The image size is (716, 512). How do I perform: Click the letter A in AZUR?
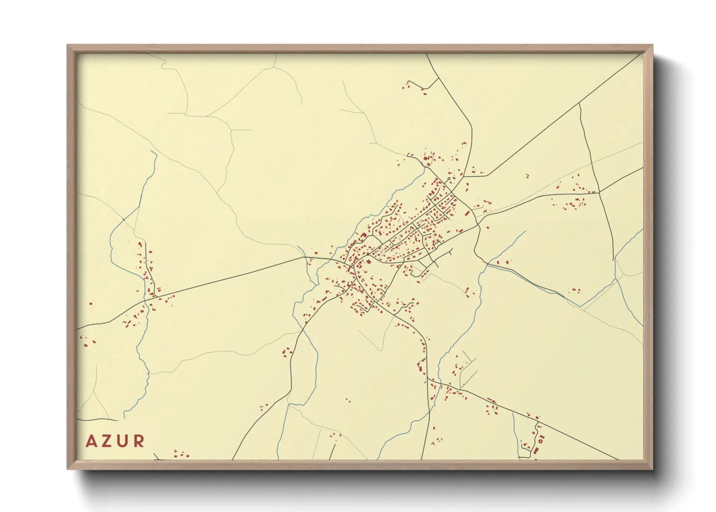(x=90, y=441)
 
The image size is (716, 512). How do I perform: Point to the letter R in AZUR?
(x=139, y=441)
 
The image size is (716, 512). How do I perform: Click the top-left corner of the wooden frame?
(x=68, y=45)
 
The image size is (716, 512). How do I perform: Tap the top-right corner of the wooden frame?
(x=652, y=45)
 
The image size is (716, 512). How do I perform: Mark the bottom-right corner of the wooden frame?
(x=652, y=468)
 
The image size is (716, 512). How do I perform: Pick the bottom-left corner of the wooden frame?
(x=68, y=468)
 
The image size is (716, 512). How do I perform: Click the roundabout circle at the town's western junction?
(x=353, y=266)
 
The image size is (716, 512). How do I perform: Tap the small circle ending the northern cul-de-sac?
(x=449, y=179)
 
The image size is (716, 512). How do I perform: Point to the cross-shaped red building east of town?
(x=507, y=262)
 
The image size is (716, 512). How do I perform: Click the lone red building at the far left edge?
(x=91, y=304)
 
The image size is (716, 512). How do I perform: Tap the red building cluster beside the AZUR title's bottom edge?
(x=181, y=454)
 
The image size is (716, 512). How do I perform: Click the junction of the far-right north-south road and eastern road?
(x=599, y=192)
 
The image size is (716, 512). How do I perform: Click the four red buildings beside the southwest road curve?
(x=287, y=351)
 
